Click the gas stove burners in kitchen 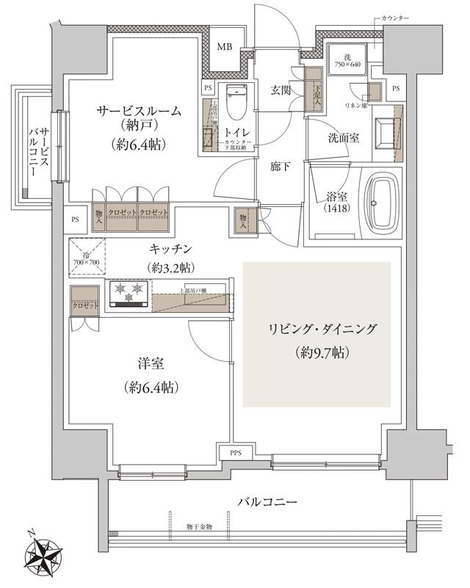126,295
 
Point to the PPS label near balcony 236,452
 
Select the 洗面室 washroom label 343,137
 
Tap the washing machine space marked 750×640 350,59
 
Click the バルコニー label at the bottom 267,502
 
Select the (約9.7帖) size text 318,353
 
